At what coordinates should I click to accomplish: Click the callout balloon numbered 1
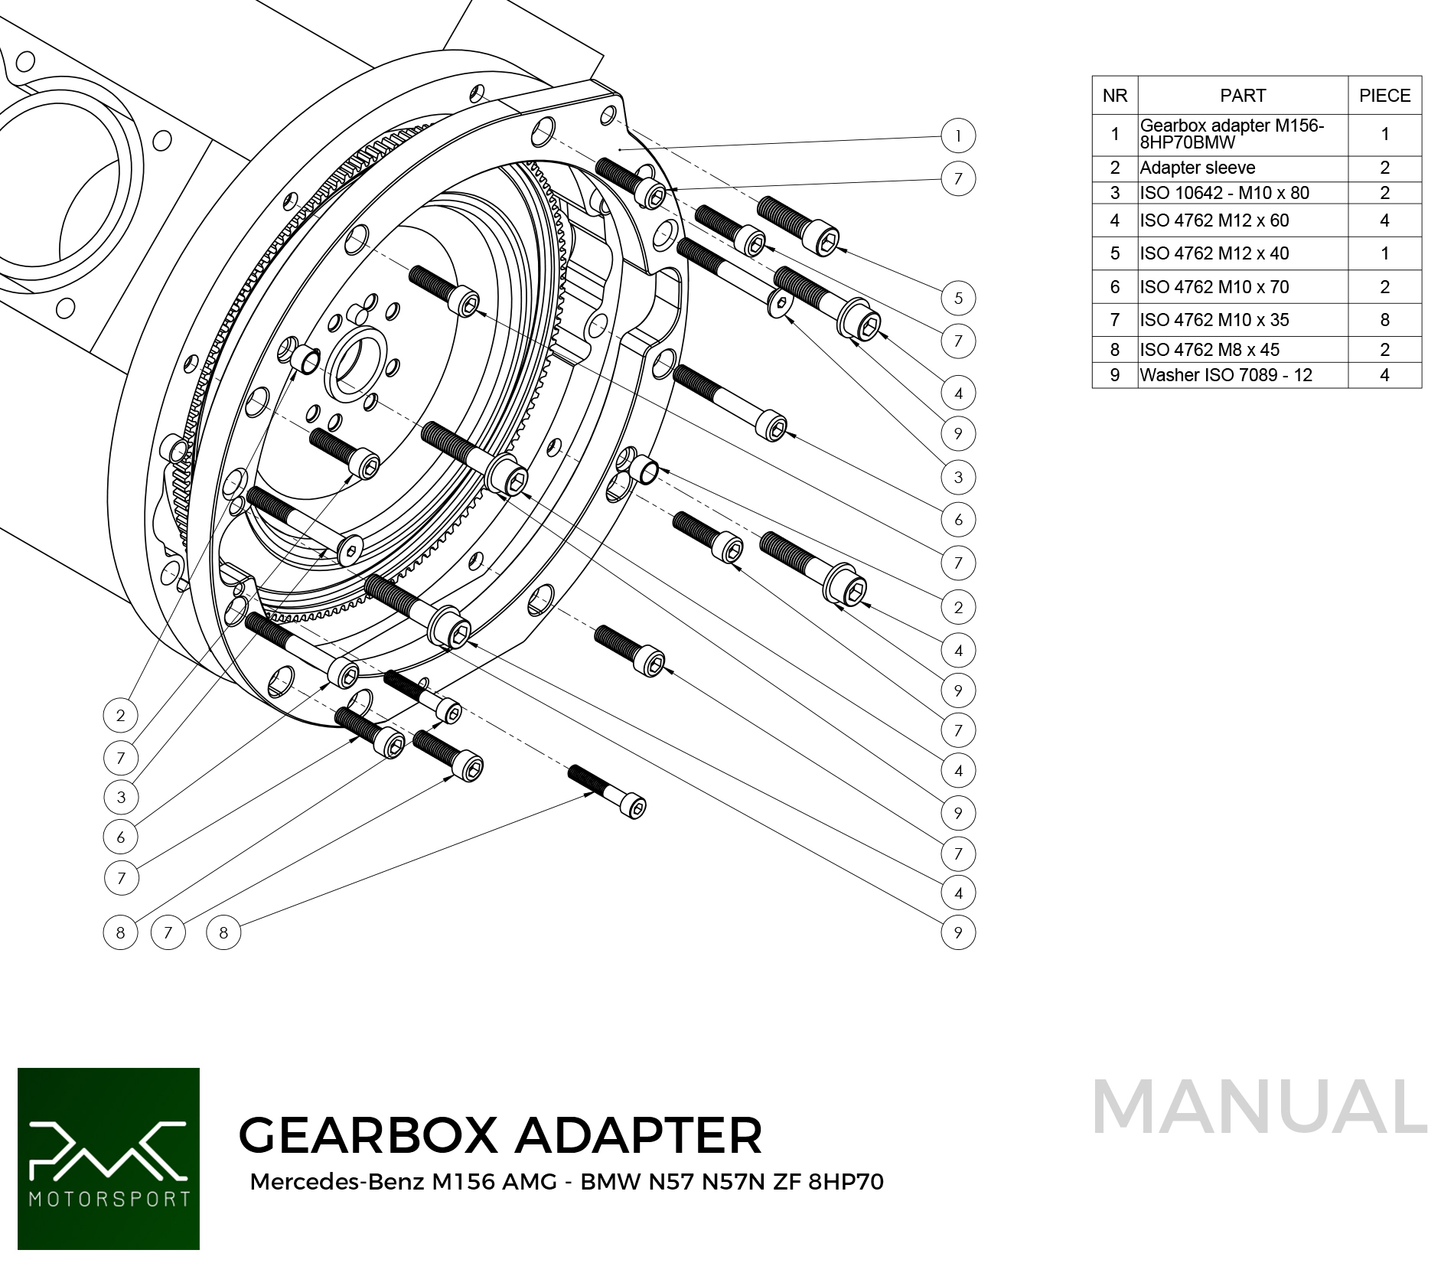(958, 136)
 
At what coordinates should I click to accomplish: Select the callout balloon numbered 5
(958, 298)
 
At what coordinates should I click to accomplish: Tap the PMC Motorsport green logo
(109, 1158)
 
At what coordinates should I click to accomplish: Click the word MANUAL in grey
(1259, 1107)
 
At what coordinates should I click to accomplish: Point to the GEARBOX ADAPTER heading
(500, 1134)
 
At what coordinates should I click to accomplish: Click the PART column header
(1243, 96)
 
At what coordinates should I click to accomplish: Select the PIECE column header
(1384, 96)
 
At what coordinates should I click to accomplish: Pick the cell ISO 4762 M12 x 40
(1214, 253)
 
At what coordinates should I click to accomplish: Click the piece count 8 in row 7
(1384, 320)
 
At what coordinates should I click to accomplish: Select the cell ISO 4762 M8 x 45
(1209, 350)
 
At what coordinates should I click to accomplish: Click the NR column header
(1115, 96)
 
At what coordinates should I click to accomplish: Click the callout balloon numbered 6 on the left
(121, 837)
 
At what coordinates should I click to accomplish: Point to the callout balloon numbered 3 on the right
(958, 477)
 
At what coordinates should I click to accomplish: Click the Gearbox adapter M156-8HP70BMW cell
(1231, 134)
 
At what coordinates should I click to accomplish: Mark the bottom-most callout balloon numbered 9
(958, 932)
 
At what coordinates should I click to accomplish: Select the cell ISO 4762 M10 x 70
(1214, 287)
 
